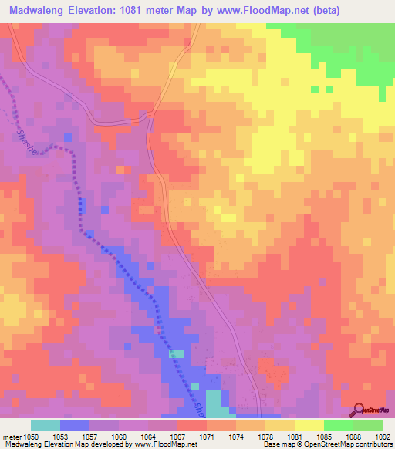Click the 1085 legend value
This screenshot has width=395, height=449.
(x=325, y=436)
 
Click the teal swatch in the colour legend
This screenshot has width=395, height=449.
(x=46, y=425)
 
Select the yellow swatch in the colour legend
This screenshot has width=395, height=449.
(x=309, y=425)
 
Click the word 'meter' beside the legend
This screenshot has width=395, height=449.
(x=13, y=436)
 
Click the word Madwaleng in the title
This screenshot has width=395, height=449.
(x=37, y=10)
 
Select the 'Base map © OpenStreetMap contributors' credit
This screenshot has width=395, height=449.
(x=327, y=444)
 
